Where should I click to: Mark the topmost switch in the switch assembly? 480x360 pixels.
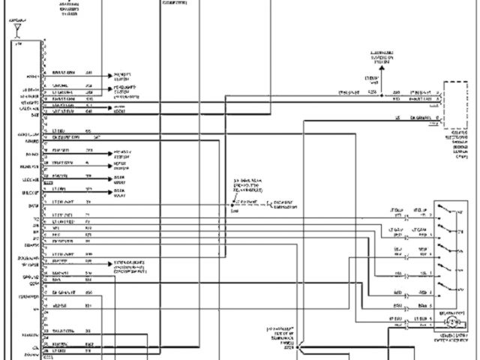(451, 211)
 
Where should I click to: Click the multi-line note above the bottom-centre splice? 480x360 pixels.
(285, 335)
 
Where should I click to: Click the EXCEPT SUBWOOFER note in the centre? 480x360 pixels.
(264, 203)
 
